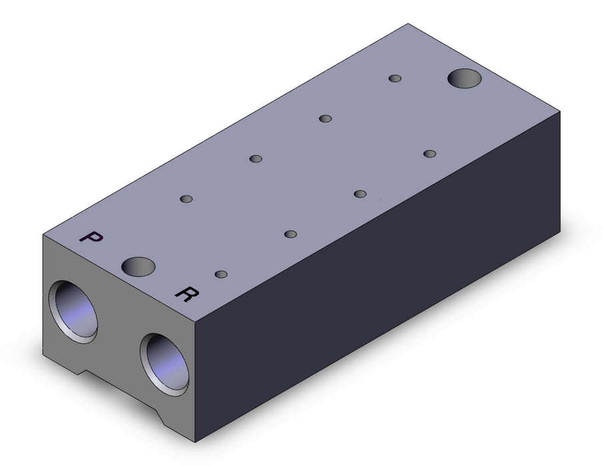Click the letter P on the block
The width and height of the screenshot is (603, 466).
pos(91,236)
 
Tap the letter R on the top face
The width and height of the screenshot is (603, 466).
pos(187,294)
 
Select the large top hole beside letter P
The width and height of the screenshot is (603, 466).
pos(138,267)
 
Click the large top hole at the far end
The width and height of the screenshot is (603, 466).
pos(465,79)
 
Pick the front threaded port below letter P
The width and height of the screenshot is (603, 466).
pos(73,312)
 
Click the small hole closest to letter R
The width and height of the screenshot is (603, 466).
pos(221,274)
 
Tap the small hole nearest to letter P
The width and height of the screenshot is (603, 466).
pos(186,199)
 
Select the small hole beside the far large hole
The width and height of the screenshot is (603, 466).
pos(395,79)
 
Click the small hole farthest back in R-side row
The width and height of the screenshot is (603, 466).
pos(429,154)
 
